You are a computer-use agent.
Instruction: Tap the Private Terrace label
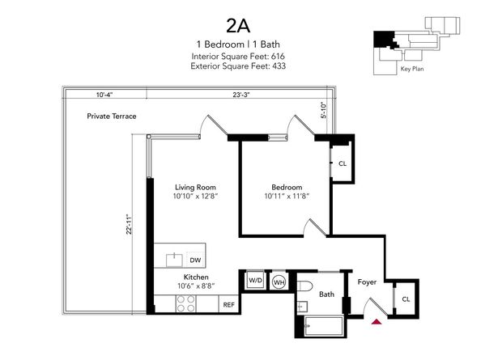pyautogui.click(x=112, y=116)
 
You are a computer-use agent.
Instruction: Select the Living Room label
pyautogui.click(x=194, y=187)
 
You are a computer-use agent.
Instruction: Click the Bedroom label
pyautogui.click(x=287, y=187)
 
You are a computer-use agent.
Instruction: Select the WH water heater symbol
pyautogui.click(x=279, y=282)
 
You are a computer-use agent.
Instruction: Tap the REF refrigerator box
pyautogui.click(x=228, y=306)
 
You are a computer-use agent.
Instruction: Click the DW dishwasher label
pyautogui.click(x=195, y=260)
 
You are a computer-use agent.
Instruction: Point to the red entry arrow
pyautogui.click(x=374, y=323)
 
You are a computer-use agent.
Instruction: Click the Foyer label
pyautogui.click(x=368, y=282)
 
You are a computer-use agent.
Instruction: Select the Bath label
pyautogui.click(x=326, y=295)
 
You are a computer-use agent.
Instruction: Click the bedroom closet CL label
pyautogui.click(x=343, y=163)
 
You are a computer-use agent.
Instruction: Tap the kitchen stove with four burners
pyautogui.click(x=185, y=303)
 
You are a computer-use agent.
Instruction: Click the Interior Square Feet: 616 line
pyautogui.click(x=239, y=56)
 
